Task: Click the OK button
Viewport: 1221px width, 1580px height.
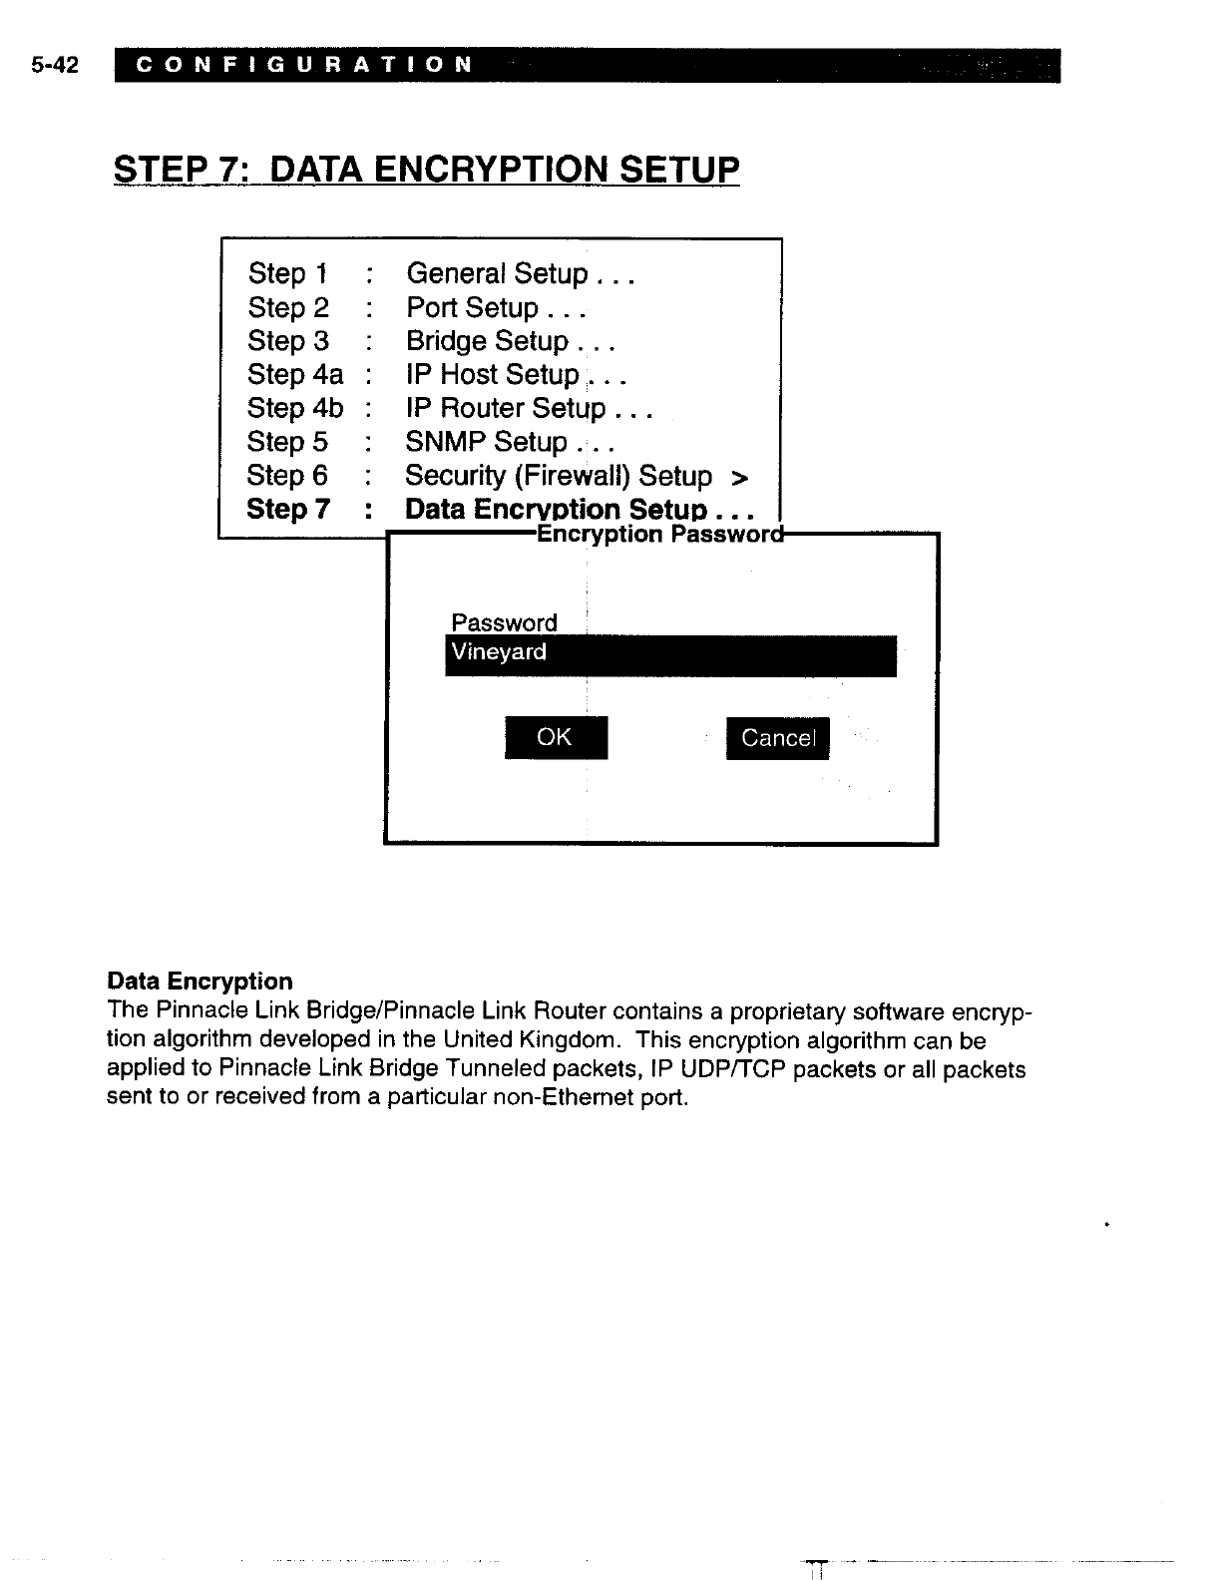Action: (x=556, y=737)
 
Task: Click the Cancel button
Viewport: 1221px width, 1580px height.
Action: (x=777, y=738)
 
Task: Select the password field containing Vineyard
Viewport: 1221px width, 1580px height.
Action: (x=670, y=654)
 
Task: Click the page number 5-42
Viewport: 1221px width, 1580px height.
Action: (x=55, y=66)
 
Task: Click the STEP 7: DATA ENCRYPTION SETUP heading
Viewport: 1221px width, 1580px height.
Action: (x=427, y=170)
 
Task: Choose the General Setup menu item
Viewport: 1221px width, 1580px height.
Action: (x=520, y=273)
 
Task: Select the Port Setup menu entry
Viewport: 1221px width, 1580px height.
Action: (x=495, y=307)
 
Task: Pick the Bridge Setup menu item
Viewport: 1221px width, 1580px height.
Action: (x=510, y=341)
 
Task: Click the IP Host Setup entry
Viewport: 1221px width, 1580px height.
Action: (x=515, y=375)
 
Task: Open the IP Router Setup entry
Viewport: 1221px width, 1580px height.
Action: (x=528, y=408)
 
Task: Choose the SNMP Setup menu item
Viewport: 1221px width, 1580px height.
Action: (x=509, y=442)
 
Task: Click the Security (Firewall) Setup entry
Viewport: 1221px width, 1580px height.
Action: (x=576, y=476)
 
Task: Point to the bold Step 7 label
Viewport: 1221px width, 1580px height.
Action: (x=287, y=510)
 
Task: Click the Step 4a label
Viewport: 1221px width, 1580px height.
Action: (x=294, y=375)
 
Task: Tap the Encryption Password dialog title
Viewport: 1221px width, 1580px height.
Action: (x=658, y=535)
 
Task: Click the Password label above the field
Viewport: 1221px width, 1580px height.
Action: (x=504, y=623)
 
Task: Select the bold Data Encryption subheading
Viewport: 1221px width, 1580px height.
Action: (x=200, y=982)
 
